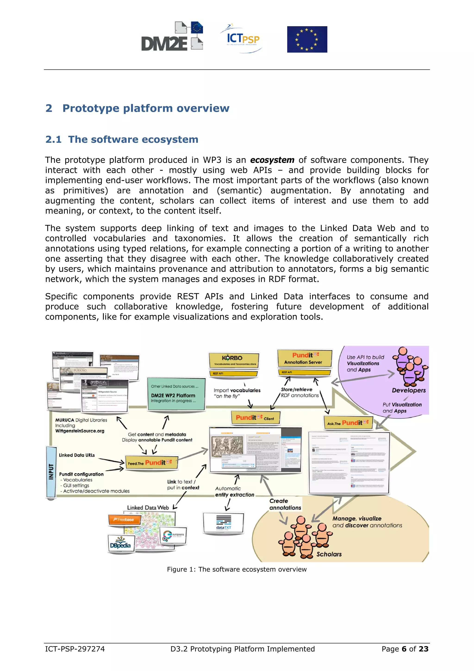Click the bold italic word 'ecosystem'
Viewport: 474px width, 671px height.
coord(272,160)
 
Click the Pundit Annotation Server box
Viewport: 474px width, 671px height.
coord(304,358)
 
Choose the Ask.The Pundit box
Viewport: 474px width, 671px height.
coord(348,423)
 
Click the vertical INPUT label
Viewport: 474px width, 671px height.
coord(51,472)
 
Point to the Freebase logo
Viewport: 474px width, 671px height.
coord(124,520)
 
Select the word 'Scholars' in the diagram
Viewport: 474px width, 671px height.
coord(329,554)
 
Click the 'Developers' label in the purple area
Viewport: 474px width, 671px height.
coord(409,390)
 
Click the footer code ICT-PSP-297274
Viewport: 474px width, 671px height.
coord(75,649)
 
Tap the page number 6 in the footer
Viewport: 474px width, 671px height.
coord(404,649)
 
